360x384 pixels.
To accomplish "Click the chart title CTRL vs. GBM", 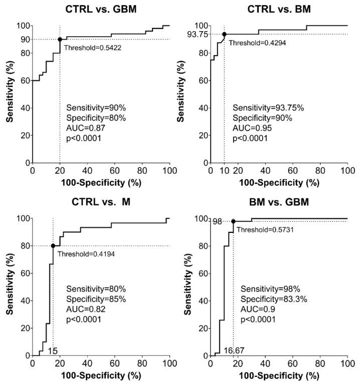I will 101,8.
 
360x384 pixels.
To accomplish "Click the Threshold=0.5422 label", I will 89,48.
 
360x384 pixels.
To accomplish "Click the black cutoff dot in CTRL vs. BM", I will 224,34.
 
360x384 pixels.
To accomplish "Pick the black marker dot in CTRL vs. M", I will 53,245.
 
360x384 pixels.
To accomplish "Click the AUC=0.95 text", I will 250,128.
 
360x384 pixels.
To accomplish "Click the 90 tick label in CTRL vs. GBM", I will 22,39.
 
